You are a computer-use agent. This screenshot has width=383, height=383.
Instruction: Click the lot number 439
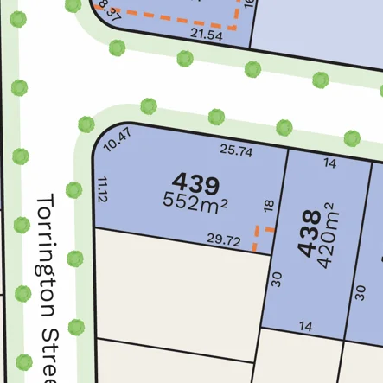tap(195, 182)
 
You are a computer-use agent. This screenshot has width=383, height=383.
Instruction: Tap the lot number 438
tap(307, 233)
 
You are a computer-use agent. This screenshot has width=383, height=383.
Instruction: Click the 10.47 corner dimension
tap(116, 139)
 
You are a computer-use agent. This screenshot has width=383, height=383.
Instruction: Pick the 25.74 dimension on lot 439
tap(236, 150)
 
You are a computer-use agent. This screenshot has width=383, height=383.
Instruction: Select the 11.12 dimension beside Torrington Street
tap(104, 189)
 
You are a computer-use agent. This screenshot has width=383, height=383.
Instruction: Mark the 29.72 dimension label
tap(224, 239)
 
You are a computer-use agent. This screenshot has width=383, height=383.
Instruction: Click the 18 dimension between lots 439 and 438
tap(269, 206)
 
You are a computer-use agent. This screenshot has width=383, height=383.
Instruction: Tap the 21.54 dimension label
tap(206, 35)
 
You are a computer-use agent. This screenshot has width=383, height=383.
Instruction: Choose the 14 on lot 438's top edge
tap(329, 163)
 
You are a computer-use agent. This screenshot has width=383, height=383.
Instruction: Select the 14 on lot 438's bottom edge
tap(305, 325)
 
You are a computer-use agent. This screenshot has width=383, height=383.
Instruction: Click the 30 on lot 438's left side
tap(277, 278)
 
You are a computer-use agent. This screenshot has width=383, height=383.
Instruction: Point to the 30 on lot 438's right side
tap(361, 290)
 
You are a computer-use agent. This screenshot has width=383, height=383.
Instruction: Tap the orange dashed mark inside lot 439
tap(260, 236)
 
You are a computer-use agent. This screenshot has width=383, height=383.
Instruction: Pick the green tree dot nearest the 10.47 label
tap(86, 124)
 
